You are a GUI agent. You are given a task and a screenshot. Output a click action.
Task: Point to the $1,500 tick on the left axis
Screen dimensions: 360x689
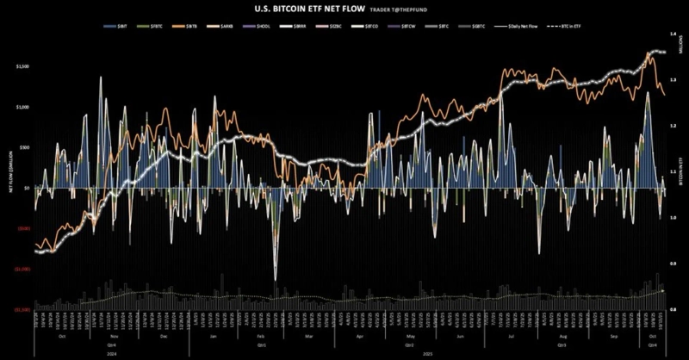tap(22, 66)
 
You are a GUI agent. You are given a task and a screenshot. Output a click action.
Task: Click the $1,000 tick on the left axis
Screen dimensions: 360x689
tap(22, 107)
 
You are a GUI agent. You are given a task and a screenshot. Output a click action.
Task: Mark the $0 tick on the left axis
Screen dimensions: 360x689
tap(28, 188)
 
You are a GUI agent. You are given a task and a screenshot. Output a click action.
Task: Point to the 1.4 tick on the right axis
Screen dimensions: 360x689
tap(672, 34)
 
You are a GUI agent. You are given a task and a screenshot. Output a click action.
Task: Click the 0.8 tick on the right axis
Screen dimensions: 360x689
tap(672, 307)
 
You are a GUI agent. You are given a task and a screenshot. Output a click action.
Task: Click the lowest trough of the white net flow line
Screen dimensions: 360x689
tap(276, 278)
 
